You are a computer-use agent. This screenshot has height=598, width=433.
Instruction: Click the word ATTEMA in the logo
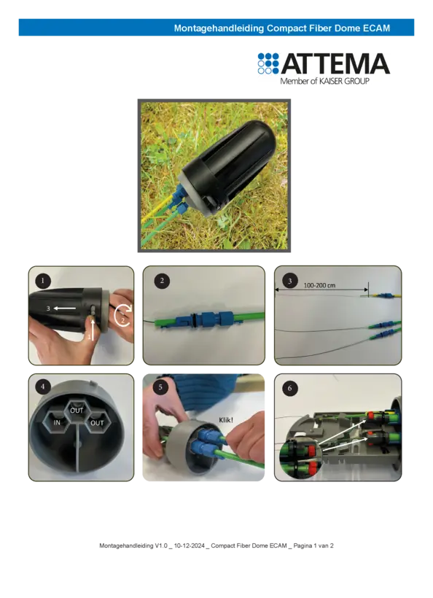click(x=335, y=63)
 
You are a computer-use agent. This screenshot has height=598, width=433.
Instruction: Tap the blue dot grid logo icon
click(x=268, y=63)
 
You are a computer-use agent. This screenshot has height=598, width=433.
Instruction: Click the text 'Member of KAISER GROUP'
click(x=325, y=81)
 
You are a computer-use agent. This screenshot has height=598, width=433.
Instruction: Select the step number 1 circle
click(x=43, y=281)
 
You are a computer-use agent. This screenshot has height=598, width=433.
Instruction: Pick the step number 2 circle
click(x=162, y=281)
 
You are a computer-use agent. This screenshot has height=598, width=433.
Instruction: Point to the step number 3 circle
click(x=290, y=281)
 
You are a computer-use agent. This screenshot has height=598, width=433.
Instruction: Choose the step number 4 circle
click(x=43, y=387)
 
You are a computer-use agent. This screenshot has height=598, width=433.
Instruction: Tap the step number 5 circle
click(x=160, y=387)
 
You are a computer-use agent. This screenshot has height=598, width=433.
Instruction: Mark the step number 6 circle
click(x=290, y=388)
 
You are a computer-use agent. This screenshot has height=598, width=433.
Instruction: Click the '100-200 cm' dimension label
click(x=319, y=286)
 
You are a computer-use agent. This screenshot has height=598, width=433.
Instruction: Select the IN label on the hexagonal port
click(x=57, y=422)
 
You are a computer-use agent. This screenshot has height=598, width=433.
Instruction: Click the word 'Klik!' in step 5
click(x=226, y=420)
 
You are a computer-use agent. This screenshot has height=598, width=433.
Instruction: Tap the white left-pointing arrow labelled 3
click(x=65, y=308)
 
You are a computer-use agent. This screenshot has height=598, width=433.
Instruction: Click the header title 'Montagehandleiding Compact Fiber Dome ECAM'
click(x=282, y=28)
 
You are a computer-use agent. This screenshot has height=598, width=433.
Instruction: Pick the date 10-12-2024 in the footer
click(x=190, y=545)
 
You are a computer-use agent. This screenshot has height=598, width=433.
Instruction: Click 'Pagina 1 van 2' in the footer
click(x=313, y=545)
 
